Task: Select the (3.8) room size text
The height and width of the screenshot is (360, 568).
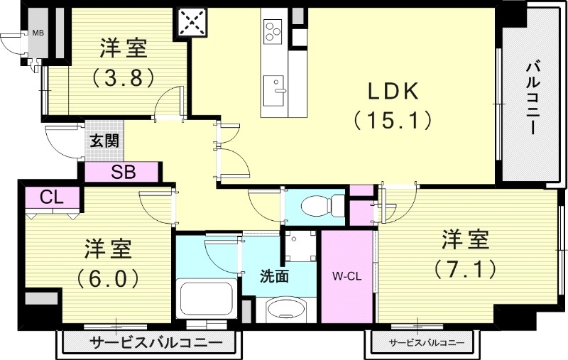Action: click(123, 77)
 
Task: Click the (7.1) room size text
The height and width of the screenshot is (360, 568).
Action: click(466, 268)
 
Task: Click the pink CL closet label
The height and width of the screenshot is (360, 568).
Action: click(49, 197)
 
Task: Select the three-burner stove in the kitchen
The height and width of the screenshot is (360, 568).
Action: click(273, 31)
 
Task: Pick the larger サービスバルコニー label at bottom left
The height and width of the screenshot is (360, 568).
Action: click(146, 344)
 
